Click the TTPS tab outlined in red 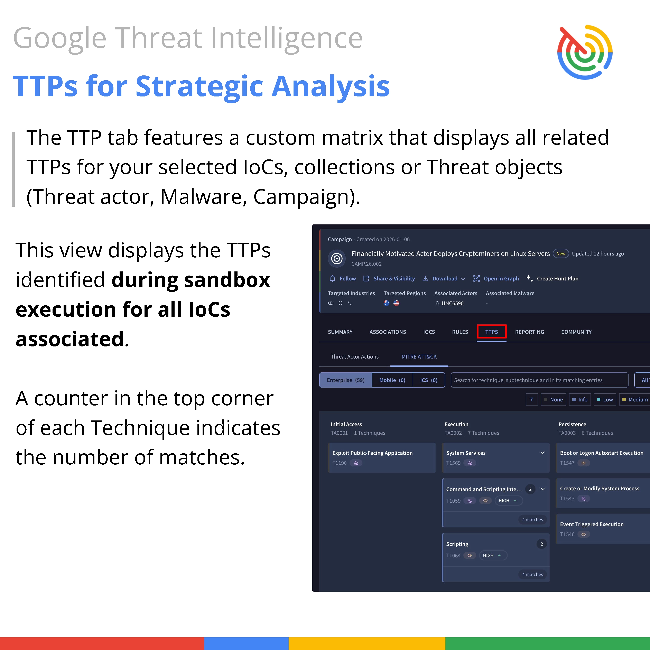492,332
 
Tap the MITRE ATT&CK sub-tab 419,357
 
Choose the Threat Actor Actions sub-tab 355,357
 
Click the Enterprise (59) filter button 345,380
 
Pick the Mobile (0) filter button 392,380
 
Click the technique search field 539,380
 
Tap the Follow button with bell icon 343,279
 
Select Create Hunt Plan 552,279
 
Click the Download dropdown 444,279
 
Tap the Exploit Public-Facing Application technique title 372,453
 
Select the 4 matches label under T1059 533,520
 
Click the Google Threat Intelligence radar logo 585,52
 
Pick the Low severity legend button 605,400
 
